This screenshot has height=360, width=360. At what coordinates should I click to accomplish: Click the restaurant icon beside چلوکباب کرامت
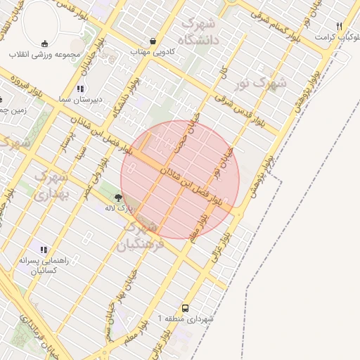[340, 26]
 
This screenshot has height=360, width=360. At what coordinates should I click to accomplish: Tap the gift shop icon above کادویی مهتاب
[153, 41]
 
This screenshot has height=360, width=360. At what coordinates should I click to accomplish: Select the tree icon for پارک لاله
[117, 198]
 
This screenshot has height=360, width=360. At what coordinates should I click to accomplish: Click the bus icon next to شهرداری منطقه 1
[185, 308]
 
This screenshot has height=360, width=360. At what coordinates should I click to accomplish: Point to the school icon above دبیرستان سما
[80, 89]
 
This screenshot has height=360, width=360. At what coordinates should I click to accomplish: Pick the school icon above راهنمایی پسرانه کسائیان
[44, 250]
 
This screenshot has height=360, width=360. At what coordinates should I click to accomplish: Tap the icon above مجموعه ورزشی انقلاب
[45, 43]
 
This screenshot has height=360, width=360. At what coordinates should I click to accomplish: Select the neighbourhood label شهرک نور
[261, 84]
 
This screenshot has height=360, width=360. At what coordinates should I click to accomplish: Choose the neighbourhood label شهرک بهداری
[49, 183]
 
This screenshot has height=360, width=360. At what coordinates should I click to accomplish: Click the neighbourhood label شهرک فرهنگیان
[139, 236]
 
